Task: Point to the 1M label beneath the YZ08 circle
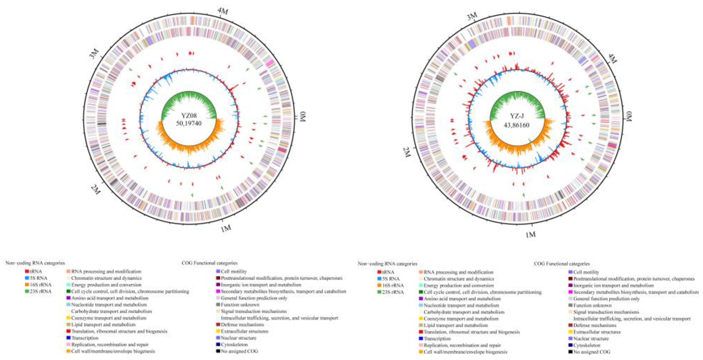226,229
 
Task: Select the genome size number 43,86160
516,125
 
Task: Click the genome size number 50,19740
189,123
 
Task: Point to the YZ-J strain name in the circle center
517,116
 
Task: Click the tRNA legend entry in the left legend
35,272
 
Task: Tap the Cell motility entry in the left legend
234,272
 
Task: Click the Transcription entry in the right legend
437,338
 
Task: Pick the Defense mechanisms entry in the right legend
595,325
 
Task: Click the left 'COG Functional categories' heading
210,263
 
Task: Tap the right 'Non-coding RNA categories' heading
387,264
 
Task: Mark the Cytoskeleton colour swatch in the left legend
218,345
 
